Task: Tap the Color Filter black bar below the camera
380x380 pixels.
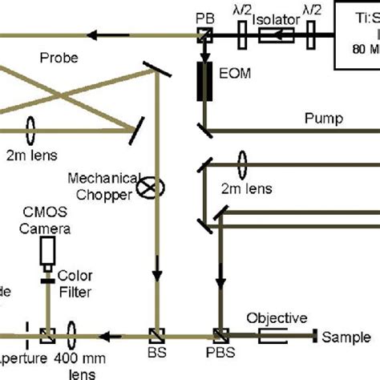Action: [48, 281]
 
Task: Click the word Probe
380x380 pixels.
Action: [58, 58]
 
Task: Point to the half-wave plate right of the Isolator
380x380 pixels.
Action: [307, 34]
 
